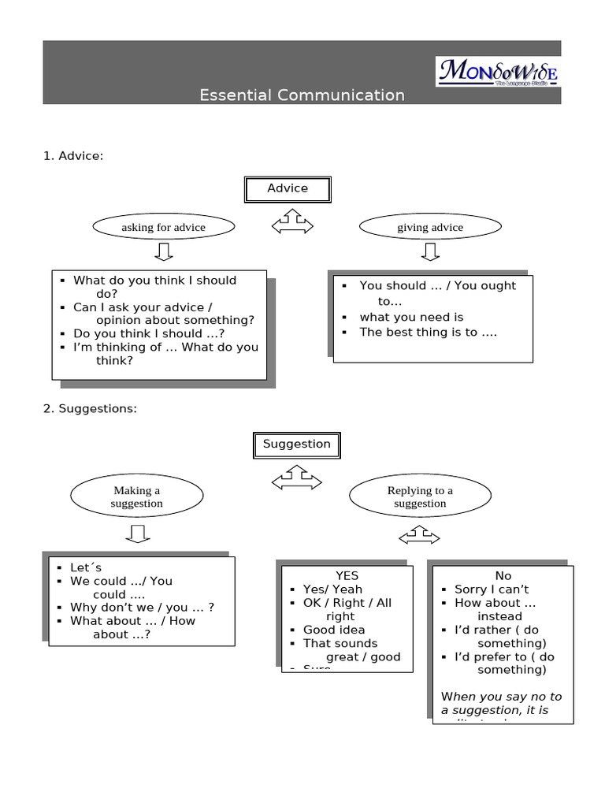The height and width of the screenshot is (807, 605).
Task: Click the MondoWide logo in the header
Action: click(x=498, y=72)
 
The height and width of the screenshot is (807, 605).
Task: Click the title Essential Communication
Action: click(x=302, y=95)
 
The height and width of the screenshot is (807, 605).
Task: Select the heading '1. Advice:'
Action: click(x=73, y=156)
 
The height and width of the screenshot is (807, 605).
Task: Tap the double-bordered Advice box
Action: click(x=288, y=189)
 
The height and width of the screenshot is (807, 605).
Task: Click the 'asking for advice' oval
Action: click(x=163, y=227)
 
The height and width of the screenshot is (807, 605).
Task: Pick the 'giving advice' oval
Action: click(x=430, y=227)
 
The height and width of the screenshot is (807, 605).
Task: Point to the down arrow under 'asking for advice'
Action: click(x=163, y=252)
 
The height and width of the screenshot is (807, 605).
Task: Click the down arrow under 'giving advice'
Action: click(x=430, y=252)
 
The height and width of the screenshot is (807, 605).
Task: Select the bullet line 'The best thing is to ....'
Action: click(x=428, y=332)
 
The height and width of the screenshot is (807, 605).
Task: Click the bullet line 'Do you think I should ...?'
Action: click(x=148, y=333)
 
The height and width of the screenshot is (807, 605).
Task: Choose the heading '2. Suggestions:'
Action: click(x=90, y=408)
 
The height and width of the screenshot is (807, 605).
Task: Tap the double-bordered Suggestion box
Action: click(x=296, y=444)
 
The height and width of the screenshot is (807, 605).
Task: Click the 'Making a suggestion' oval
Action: click(x=136, y=496)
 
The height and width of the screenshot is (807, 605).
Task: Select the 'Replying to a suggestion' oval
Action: click(x=420, y=496)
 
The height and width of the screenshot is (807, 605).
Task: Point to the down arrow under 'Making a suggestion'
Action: click(x=137, y=535)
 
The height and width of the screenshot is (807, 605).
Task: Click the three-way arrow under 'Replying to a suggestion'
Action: click(x=419, y=537)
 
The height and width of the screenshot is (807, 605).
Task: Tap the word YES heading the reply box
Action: click(x=347, y=576)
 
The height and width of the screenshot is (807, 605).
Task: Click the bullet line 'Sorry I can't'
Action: click(x=491, y=589)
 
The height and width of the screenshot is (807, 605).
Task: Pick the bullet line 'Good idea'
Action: click(x=334, y=630)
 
